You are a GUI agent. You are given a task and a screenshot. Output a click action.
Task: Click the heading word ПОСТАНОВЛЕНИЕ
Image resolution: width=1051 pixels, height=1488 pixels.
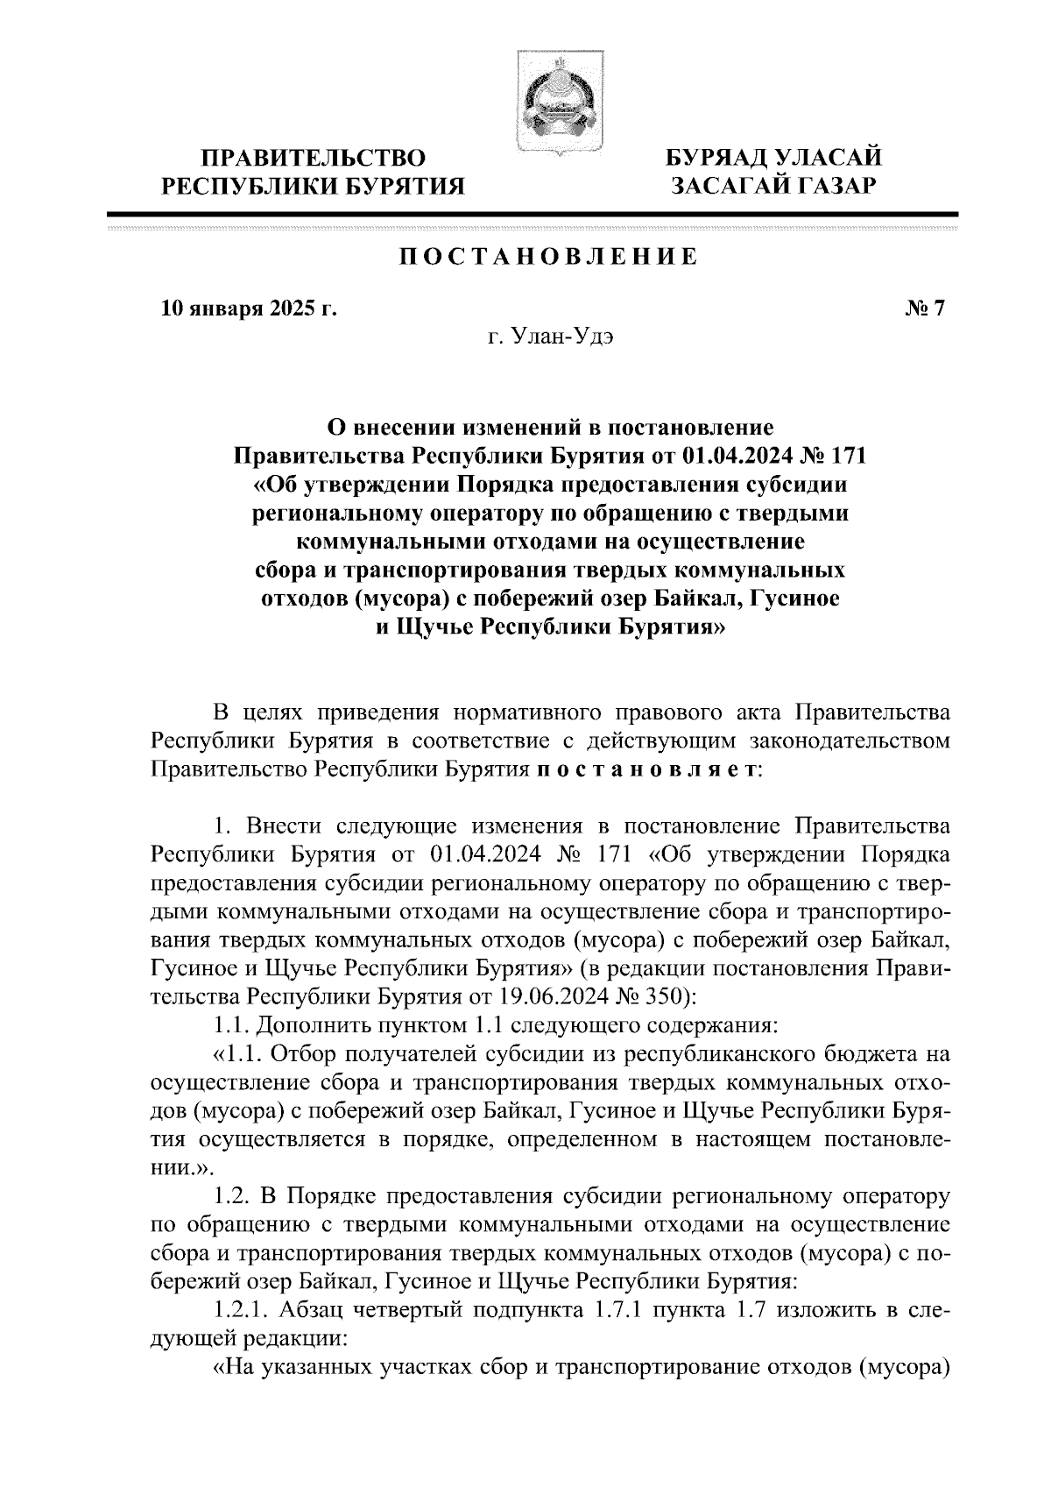[x=549, y=257]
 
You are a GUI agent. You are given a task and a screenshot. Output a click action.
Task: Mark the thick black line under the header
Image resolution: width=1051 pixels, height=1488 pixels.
[x=533, y=214]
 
